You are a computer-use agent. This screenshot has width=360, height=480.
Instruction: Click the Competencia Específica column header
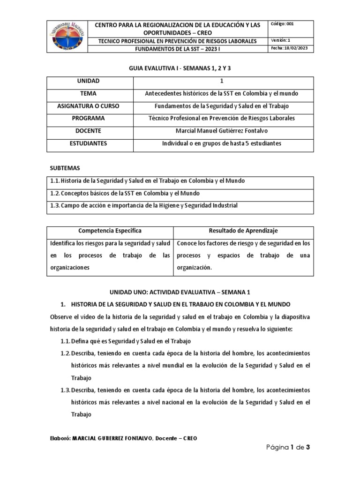pyautogui.click(x=111, y=231)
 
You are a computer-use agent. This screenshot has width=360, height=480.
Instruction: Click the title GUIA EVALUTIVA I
pyautogui.click(x=180, y=68)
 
